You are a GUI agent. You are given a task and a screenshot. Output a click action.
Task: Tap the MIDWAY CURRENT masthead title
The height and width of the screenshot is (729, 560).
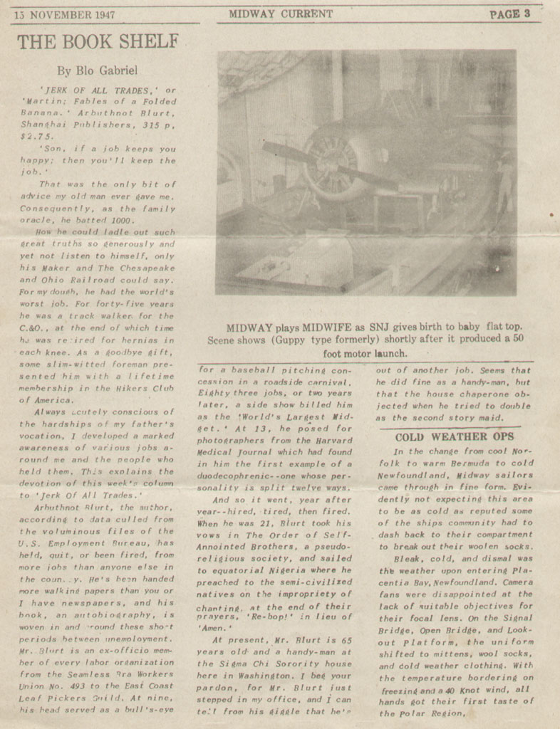(x=281, y=14)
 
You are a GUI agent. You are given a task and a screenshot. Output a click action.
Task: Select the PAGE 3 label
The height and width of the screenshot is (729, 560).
(x=509, y=14)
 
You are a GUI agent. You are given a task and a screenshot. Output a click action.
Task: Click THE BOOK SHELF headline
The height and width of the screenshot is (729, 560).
(x=97, y=42)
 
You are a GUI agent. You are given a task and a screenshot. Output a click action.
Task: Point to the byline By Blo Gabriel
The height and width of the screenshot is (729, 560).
(x=97, y=70)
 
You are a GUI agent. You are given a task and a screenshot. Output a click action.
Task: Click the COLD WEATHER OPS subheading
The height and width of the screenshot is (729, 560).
(x=455, y=436)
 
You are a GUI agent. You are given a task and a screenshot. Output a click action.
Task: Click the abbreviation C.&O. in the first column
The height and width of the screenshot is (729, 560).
(x=32, y=327)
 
